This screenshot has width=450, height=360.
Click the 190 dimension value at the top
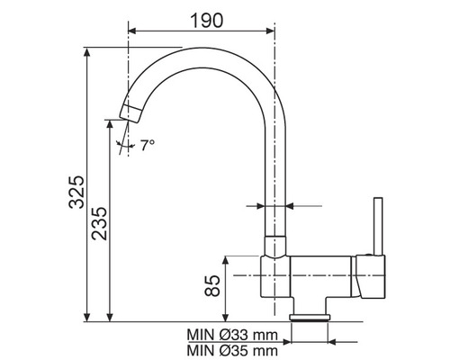207,21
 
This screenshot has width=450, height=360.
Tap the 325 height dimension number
76,192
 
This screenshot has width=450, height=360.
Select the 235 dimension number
99,223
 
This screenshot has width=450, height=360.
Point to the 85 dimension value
212,285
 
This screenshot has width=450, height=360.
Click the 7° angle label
148,146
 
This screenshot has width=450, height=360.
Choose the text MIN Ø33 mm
232,335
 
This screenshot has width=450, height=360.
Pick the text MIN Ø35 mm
232,350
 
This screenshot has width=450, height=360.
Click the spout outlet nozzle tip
131,113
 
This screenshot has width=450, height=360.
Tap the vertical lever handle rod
378,226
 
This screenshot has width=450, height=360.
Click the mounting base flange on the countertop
310,318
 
